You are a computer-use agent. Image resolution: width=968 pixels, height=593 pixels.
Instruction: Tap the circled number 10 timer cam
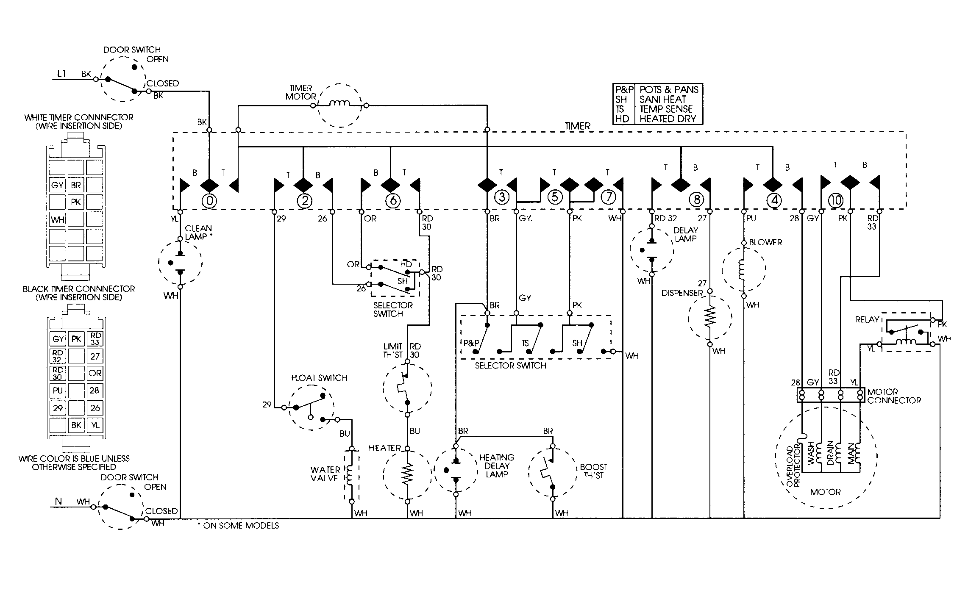[835, 200]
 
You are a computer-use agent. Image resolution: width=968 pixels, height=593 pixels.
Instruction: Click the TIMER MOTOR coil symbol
[339, 103]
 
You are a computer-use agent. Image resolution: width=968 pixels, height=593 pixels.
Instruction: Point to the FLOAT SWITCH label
[319, 378]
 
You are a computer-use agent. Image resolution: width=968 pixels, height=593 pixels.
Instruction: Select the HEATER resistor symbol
[407, 475]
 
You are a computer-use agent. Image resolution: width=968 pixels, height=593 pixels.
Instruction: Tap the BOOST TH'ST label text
[593, 471]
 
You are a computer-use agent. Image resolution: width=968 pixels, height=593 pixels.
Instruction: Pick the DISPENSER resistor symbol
[710, 316]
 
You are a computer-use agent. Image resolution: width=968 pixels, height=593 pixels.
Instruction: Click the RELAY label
[867, 320]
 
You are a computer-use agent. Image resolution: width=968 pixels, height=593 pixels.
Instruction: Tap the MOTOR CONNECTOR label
[894, 396]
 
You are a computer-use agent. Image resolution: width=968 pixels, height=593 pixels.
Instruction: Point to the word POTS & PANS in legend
[669, 90]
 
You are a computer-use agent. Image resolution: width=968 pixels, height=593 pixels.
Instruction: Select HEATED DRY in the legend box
[668, 119]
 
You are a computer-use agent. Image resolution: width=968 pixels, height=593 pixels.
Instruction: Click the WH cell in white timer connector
[57, 220]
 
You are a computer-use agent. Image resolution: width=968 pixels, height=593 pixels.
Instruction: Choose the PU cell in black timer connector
[58, 391]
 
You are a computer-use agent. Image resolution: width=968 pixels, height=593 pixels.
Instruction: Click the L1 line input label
[61, 74]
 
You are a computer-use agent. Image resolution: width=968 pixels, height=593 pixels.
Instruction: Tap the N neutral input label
[58, 502]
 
